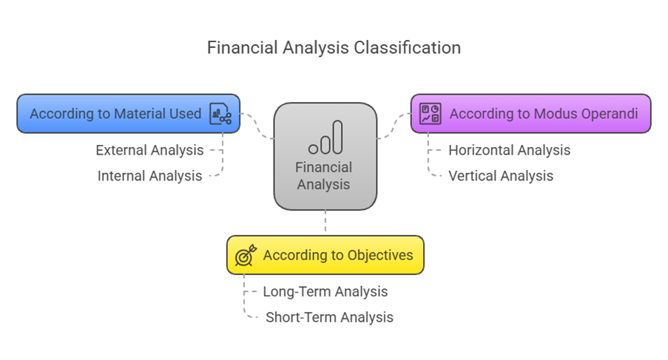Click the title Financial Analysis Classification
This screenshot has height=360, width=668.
pos(334,48)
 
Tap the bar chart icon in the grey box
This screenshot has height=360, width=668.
pos(325,137)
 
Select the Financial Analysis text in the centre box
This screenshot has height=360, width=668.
pos(324,176)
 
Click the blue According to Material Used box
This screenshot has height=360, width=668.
pos(128,114)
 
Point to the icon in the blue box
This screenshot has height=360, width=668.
pos(220,114)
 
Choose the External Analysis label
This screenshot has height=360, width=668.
pos(149,150)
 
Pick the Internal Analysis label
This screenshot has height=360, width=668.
pos(149,176)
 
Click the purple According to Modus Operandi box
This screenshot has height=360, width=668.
pos(530,114)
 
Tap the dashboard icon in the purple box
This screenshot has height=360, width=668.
pos(430,114)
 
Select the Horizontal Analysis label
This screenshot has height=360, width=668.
pos(509,150)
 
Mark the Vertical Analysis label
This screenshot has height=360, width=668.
pos(500,176)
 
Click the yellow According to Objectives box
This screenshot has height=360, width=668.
pos(325,255)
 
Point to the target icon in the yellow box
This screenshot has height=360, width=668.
pos(246,255)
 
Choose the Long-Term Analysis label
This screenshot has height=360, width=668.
pos(325,291)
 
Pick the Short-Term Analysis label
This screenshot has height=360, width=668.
pos(329,317)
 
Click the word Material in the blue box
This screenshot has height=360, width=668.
pos(137,114)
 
